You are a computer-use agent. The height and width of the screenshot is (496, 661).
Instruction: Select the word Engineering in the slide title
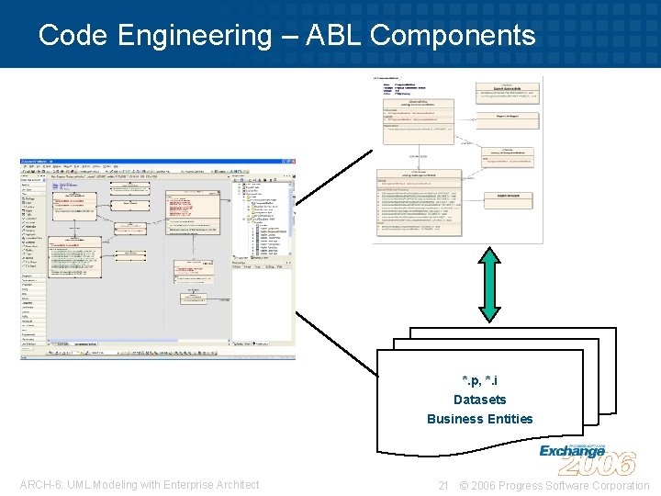[193, 36]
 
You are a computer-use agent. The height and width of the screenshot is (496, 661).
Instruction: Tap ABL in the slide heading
[334, 36]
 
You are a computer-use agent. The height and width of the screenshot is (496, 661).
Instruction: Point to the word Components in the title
[453, 36]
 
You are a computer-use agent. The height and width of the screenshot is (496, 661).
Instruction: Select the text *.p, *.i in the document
[479, 380]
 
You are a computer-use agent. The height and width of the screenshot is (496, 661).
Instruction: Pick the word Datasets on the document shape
[479, 400]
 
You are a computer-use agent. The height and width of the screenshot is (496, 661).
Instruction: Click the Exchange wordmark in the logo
[571, 450]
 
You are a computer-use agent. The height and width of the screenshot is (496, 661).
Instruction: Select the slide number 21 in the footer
[443, 485]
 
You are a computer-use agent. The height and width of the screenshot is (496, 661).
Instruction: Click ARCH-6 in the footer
[39, 485]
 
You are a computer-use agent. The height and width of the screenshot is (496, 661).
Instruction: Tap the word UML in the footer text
[76, 485]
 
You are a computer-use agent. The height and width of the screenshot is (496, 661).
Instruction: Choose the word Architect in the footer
[235, 485]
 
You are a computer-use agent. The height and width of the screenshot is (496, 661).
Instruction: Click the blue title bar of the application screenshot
[156, 163]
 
